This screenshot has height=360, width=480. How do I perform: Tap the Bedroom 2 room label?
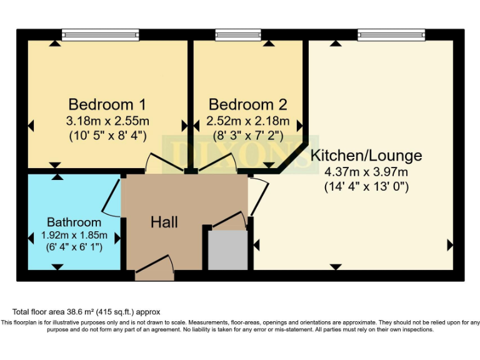(248, 104)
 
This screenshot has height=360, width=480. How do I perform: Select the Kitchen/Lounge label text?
(366, 156)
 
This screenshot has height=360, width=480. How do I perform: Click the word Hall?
(164, 222)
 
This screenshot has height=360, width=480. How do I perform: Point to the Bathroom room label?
(74, 222)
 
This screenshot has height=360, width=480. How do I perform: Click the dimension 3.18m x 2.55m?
(108, 121)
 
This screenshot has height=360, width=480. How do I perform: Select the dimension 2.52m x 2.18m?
(248, 121)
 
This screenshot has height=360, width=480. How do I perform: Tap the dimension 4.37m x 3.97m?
(366, 172)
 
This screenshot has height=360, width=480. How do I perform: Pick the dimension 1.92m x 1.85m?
(74, 236)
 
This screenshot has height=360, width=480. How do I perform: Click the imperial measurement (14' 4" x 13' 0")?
(366, 186)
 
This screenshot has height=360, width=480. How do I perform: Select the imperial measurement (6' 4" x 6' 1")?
(74, 247)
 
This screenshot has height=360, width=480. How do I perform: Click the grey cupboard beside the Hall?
(227, 250)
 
